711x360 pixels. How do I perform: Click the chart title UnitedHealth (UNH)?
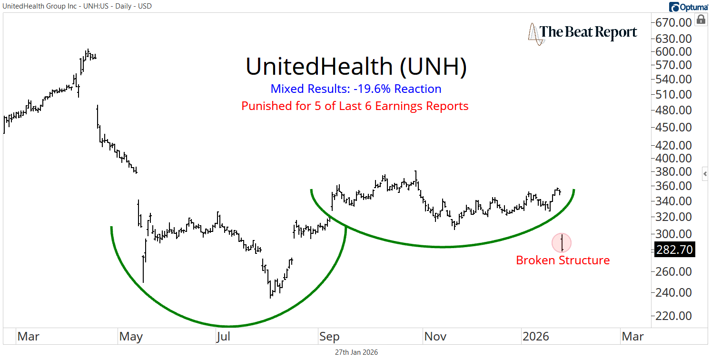[356, 67]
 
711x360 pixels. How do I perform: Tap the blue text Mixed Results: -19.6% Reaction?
[356, 89]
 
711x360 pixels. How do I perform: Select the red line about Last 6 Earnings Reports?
[355, 106]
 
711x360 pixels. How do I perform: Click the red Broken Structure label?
[563, 260]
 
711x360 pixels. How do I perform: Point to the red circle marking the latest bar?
[562, 243]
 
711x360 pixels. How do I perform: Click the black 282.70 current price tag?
[674, 249]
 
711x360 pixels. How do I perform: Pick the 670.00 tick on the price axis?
[674, 22]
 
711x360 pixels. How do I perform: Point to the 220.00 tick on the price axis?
[674, 316]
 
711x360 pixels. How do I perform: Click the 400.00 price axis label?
[674, 158]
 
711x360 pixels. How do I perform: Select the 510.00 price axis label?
[674, 94]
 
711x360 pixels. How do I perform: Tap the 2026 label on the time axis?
[536, 337]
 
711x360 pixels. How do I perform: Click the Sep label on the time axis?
[329, 337]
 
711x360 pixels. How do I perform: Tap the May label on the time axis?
[131, 337]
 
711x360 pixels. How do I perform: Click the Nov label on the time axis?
[435, 337]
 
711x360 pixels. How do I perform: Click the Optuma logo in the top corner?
[688, 7]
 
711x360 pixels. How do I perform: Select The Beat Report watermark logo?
[583, 32]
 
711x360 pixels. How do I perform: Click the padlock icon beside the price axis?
[701, 20]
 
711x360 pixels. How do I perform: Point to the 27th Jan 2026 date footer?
[356, 352]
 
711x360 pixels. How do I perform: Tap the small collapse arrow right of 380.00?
[705, 174]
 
